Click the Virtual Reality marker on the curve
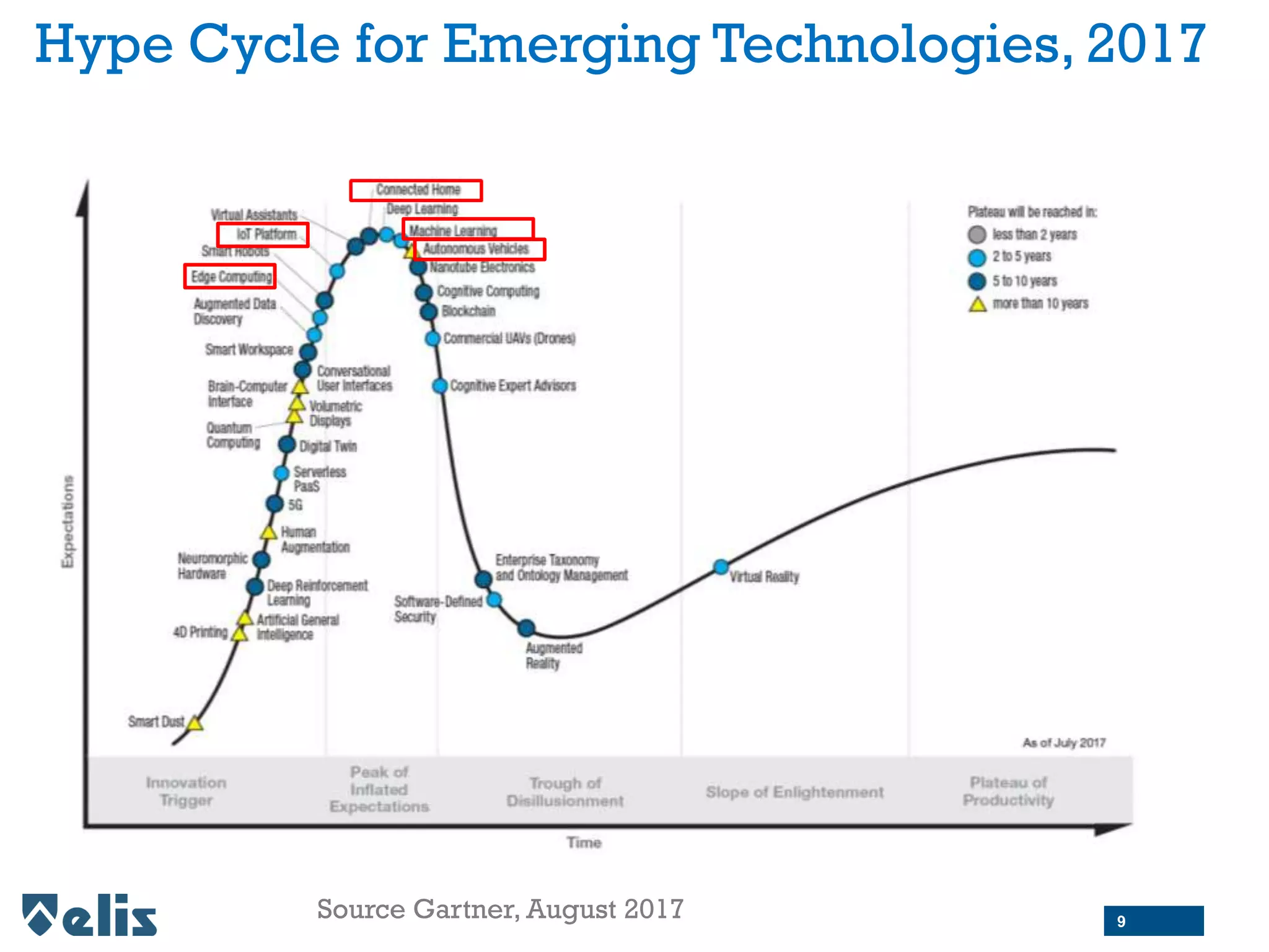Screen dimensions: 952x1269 [721, 566]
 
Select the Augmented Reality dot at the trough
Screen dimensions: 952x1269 [526, 628]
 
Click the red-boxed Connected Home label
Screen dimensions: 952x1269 [416, 190]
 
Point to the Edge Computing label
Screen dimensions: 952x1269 [231, 276]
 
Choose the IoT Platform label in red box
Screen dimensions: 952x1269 [263, 234]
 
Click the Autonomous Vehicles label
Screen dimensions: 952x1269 [476, 249]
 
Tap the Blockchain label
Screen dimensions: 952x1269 [468, 311]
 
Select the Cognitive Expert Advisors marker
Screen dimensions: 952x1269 [439, 386]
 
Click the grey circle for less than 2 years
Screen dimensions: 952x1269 [977, 234]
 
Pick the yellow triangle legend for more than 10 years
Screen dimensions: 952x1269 [977, 304]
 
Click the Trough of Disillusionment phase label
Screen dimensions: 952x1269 [565, 791]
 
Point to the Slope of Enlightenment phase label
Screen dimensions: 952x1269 [794, 791]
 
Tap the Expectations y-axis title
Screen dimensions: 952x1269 [68, 522]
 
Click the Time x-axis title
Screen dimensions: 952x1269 [584, 842]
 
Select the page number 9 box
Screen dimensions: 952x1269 [1153, 921]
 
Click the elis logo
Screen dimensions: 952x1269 [90, 915]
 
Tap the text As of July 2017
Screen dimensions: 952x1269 [1063, 743]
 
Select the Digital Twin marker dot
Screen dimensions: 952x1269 [286, 444]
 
